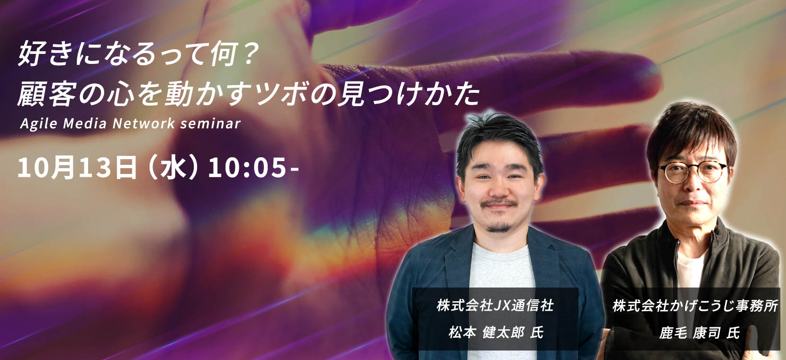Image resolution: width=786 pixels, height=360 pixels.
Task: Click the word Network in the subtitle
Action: [x=144, y=124]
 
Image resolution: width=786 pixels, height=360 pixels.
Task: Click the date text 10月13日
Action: [x=77, y=167]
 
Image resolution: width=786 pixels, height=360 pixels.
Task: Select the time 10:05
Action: [x=247, y=168]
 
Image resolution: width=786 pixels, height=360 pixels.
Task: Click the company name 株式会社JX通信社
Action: [x=495, y=305]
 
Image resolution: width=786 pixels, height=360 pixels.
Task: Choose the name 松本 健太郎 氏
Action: [x=496, y=332]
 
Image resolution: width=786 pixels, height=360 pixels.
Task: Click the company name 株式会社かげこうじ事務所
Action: [x=695, y=306]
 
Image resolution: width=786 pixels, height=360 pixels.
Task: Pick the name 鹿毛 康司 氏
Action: [x=699, y=333]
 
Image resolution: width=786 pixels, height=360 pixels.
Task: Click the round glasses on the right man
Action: [x=693, y=172]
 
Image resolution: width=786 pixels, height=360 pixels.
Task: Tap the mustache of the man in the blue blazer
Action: [x=499, y=204]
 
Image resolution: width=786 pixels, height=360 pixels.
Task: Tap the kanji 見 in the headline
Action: [x=350, y=94]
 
